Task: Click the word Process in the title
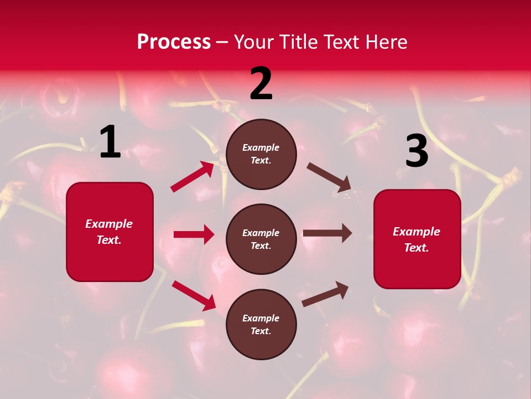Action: tap(174, 42)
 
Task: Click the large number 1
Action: tap(110, 143)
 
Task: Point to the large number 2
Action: tap(261, 84)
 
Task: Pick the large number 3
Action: tap(417, 151)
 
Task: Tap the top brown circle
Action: tap(261, 154)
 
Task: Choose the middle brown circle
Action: tap(261, 239)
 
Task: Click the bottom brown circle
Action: tap(261, 324)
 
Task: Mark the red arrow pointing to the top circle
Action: tap(192, 176)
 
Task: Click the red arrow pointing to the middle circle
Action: tap(194, 234)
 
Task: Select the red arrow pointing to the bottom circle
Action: tap(194, 295)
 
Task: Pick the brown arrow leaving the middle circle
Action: tap(327, 233)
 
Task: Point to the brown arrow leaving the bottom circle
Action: tap(325, 294)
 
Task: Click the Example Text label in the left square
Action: tap(109, 232)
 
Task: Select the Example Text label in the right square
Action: tap(417, 239)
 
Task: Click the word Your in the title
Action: tap(254, 42)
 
